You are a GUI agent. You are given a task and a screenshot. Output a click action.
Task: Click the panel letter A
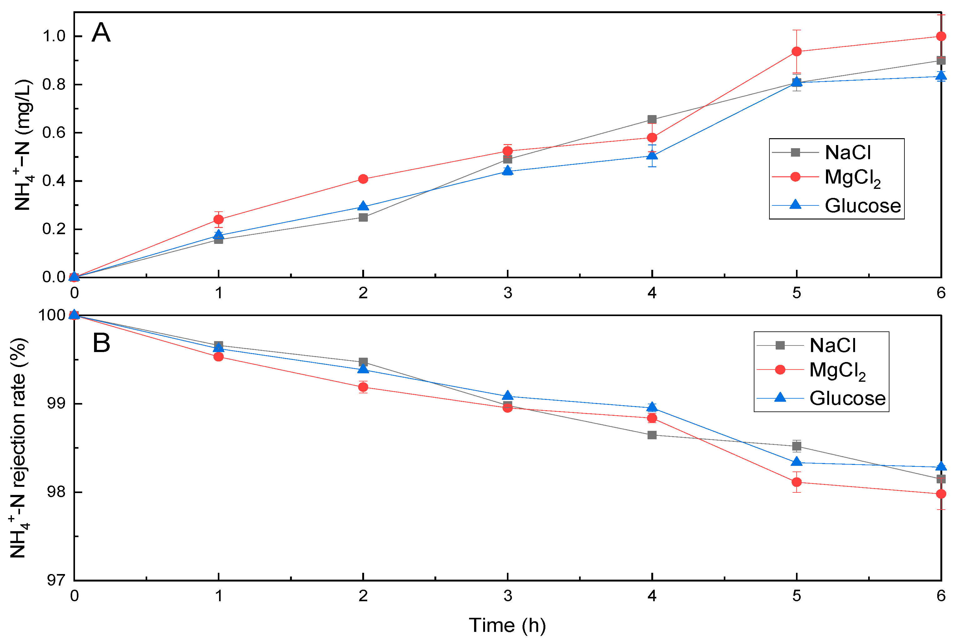(x=101, y=33)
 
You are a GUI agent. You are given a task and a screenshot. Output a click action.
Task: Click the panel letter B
(x=101, y=343)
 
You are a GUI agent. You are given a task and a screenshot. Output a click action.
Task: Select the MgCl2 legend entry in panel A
(x=852, y=178)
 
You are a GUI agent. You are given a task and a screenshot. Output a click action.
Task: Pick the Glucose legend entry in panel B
(x=847, y=398)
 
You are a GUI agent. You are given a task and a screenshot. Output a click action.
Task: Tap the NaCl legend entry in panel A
(x=848, y=153)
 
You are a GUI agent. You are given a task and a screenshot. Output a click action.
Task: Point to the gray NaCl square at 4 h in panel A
(x=652, y=120)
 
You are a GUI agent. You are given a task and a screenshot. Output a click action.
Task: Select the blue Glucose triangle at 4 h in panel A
(x=652, y=155)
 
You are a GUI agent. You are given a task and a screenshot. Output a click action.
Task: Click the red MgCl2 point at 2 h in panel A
(x=363, y=179)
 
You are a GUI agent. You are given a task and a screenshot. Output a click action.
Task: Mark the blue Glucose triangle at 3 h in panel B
(x=508, y=396)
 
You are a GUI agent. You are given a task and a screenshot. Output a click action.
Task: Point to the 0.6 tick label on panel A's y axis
(x=54, y=133)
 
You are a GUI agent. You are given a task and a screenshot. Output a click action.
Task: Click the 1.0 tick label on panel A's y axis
(x=54, y=36)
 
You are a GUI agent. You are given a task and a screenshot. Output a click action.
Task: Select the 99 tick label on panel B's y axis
(x=56, y=404)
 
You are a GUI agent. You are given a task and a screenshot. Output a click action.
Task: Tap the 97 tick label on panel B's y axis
(x=56, y=580)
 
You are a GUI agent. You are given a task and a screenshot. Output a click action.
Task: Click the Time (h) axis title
(x=507, y=625)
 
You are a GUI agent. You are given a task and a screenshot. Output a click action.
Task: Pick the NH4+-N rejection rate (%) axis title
(x=19, y=448)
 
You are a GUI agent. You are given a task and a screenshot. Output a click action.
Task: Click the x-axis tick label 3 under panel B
(x=508, y=596)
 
